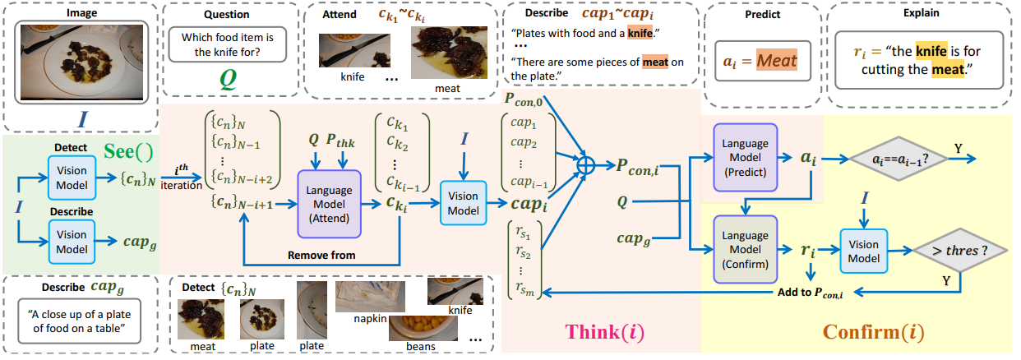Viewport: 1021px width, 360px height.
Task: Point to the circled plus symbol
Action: tap(585, 163)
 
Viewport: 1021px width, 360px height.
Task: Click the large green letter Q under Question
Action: tap(227, 80)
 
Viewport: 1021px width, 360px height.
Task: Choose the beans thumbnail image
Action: tap(423, 327)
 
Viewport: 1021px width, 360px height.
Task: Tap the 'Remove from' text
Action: tap(321, 255)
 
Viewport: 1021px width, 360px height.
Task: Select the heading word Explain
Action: tap(920, 12)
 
